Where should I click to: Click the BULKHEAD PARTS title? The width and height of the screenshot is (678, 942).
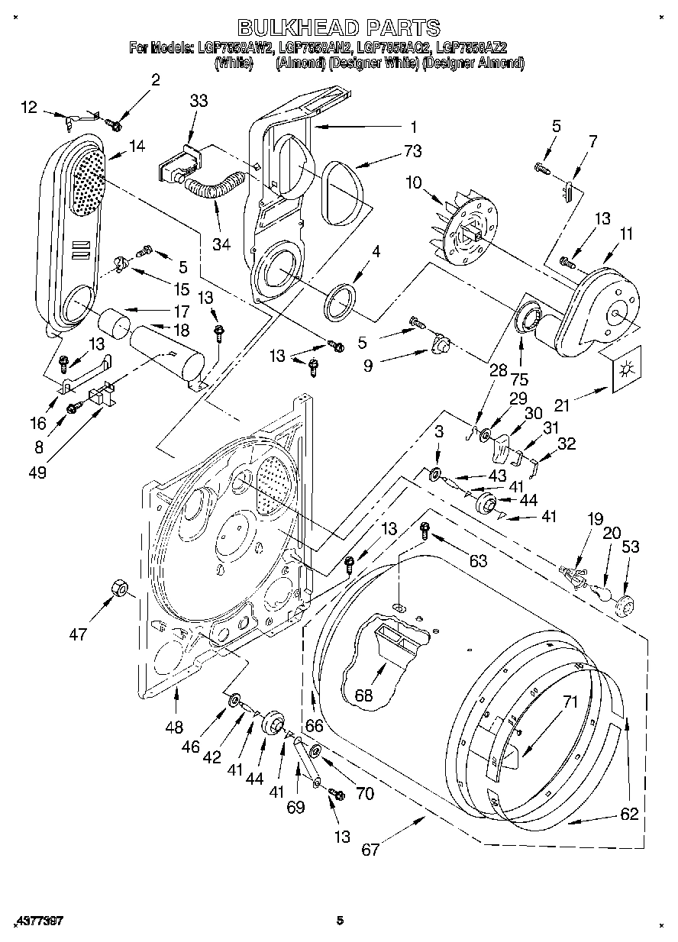pos(339,27)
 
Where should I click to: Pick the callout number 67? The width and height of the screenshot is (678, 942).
pos(370,849)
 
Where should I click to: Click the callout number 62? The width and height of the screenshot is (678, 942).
pos(629,814)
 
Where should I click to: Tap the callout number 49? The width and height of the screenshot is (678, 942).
pos(36,472)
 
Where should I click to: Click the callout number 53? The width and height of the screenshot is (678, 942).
pos(631,547)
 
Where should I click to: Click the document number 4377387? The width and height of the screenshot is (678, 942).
pos(38,921)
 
